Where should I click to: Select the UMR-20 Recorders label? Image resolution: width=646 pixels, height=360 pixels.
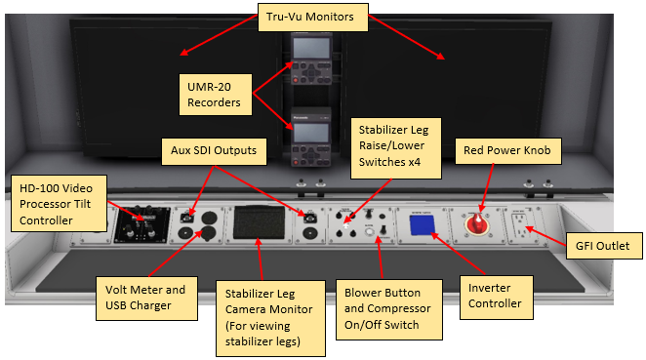click(215, 95)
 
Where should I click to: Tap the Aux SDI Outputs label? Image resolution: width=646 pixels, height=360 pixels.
click(214, 151)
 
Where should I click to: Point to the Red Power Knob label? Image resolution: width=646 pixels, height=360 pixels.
click(508, 151)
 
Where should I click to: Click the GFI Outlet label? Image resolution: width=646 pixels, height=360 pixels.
click(604, 246)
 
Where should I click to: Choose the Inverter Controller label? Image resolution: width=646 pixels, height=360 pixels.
click(497, 298)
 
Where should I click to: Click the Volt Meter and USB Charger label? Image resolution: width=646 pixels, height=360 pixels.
click(146, 299)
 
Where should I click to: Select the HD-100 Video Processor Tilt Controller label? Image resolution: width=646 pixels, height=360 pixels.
click(59, 204)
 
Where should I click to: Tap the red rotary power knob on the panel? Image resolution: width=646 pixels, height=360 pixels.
click(477, 224)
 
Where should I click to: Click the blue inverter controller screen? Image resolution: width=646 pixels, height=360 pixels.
click(423, 225)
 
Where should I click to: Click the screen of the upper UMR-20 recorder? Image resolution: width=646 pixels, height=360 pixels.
click(311, 49)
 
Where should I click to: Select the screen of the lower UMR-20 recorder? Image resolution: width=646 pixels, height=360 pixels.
click(311, 133)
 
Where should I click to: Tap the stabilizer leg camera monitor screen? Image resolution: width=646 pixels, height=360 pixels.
click(260, 222)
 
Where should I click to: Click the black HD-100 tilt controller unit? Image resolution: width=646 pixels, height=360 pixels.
click(142, 225)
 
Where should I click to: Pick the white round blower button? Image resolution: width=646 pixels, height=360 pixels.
click(369, 232)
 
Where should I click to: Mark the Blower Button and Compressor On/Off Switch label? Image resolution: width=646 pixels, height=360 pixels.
click(389, 309)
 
